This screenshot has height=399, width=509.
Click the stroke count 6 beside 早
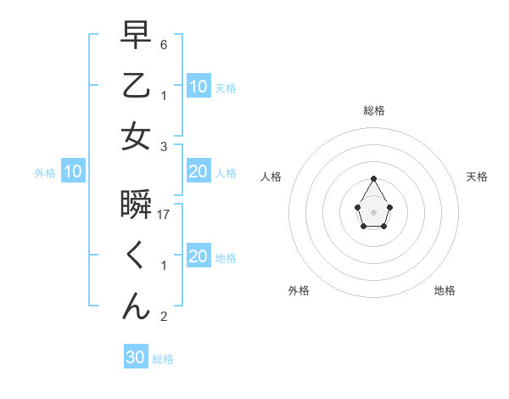(x=164, y=44)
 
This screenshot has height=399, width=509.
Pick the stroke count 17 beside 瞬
(x=165, y=215)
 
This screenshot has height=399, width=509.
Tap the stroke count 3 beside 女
(x=164, y=147)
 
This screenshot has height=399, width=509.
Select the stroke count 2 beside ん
(x=164, y=318)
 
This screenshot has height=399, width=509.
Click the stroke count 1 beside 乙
(x=164, y=96)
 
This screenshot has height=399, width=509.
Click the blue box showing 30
(x=136, y=357)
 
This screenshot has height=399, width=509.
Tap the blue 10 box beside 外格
(x=73, y=172)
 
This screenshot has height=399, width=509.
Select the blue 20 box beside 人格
(x=199, y=172)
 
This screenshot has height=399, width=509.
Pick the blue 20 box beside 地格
(x=199, y=257)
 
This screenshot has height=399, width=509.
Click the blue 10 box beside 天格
(x=199, y=87)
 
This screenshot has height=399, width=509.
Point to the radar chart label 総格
(x=374, y=110)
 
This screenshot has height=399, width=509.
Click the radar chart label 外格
(x=299, y=290)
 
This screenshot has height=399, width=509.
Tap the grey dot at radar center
(x=373, y=211)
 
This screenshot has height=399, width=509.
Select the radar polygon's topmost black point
(x=373, y=178)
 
